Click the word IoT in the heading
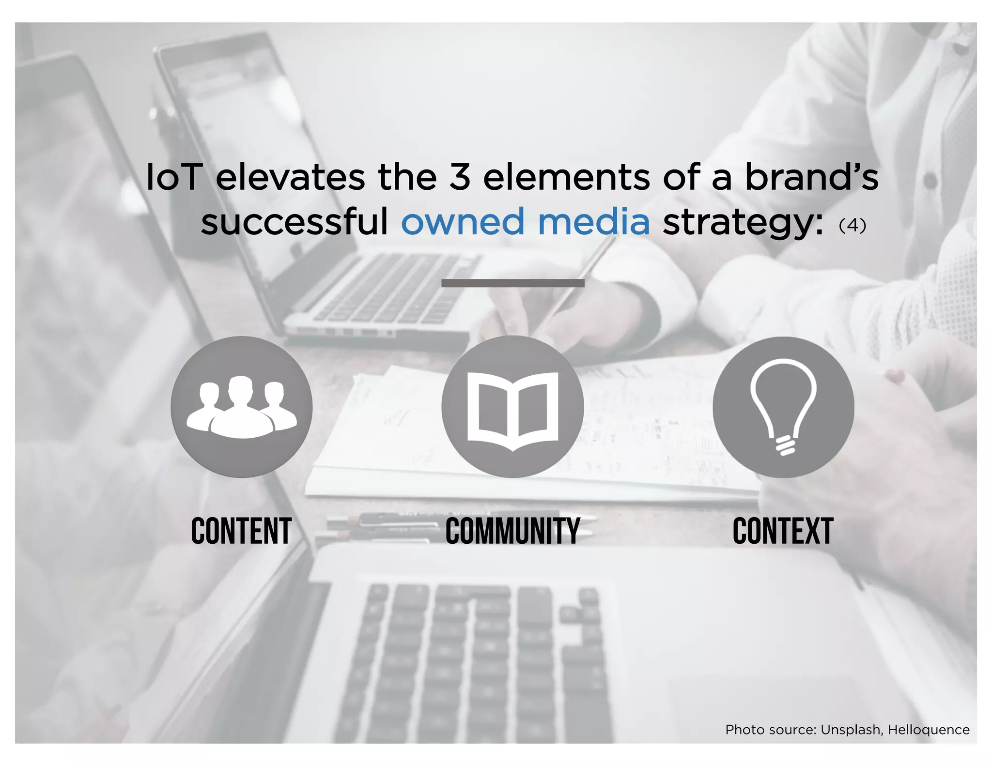pyautogui.click(x=173, y=177)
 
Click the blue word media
pyautogui.click(x=594, y=222)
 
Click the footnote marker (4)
pyautogui.click(x=852, y=225)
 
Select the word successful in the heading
pyautogui.click(x=294, y=222)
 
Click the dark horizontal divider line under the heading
pyautogui.click(x=512, y=283)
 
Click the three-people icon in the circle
pyautogui.click(x=241, y=407)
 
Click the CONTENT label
pyautogui.click(x=241, y=531)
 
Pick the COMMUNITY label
pyautogui.click(x=512, y=531)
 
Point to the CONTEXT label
pyautogui.click(x=783, y=531)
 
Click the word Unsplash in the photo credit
pyautogui.click(x=851, y=730)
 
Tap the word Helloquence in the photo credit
pyautogui.click(x=929, y=730)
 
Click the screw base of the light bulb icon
pyautogui.click(x=785, y=445)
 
